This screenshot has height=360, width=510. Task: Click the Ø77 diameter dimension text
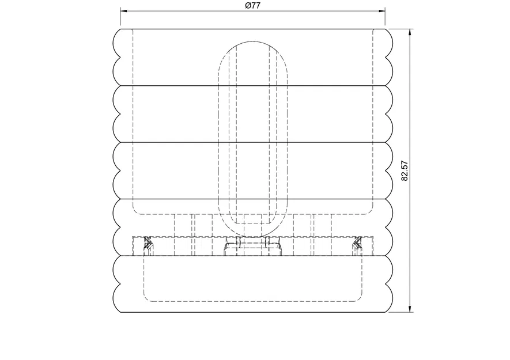253,6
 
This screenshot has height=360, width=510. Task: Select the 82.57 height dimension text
405,170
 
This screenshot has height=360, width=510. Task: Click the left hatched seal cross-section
148,244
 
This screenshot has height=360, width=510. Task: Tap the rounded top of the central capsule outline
253,42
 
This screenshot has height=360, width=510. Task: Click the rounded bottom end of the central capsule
253,236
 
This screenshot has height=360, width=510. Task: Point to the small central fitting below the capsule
253,248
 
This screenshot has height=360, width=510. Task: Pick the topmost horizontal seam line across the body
253,85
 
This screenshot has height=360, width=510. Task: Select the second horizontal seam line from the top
253,142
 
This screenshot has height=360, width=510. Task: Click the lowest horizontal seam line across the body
253,255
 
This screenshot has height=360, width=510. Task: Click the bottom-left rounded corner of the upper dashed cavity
136,210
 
